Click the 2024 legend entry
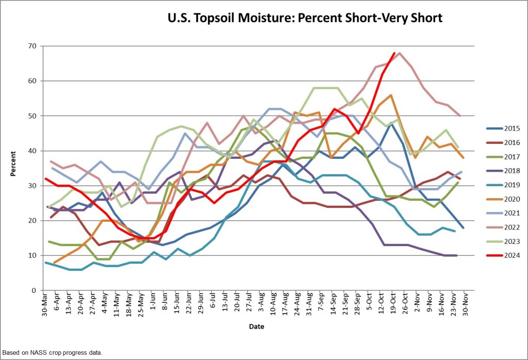tap(512, 255)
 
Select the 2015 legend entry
tap(512, 128)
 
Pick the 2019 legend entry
tap(512, 185)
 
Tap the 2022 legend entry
tap(512, 227)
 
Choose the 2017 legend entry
tap(512, 156)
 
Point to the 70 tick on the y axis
tap(31, 46)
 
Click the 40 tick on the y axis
tap(31, 151)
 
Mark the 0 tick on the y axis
tap(34, 290)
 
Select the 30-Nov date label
tap(465, 304)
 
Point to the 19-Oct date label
tap(393, 304)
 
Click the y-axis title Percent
tap(14, 168)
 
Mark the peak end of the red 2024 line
tap(394, 53)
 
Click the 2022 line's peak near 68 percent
tap(400, 53)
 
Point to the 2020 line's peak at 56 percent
tap(391, 95)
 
